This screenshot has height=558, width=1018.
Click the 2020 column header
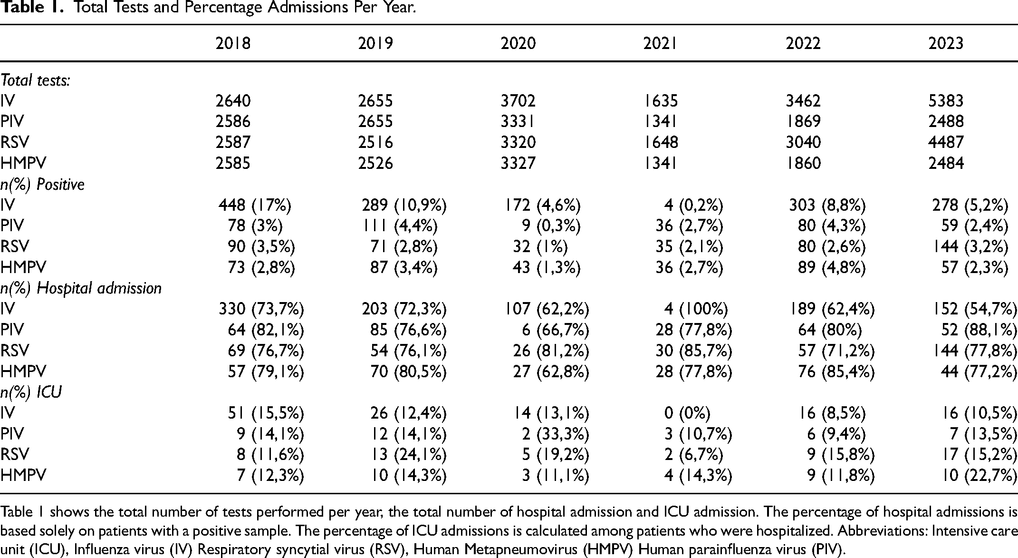point(518,43)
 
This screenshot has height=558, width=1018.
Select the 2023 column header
point(946,43)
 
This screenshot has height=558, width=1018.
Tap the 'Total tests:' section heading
point(36,80)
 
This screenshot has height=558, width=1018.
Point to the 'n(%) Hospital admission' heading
point(81,288)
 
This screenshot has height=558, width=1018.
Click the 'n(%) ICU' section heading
point(31,392)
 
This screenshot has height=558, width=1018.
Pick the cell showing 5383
point(946,101)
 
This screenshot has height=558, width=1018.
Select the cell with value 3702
point(518,101)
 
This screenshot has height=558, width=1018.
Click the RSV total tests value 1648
point(661,142)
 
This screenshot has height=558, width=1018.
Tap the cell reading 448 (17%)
point(255,205)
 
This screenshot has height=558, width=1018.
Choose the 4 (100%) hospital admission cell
point(696,309)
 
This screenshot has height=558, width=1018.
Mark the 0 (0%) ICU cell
point(687,413)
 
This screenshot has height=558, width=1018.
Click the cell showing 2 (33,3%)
point(556,434)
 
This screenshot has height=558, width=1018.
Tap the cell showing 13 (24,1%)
point(408,454)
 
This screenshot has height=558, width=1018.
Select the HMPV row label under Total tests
point(23,163)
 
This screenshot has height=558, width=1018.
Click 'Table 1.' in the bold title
point(30,8)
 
